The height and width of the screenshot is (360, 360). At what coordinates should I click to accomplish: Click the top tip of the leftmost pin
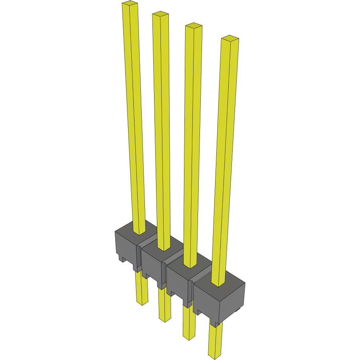[x=130, y=4]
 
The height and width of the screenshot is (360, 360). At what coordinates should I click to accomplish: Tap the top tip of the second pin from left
[x=160, y=15]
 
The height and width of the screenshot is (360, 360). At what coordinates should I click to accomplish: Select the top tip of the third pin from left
[x=194, y=26]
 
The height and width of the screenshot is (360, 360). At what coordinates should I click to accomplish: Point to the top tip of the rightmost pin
[x=230, y=39]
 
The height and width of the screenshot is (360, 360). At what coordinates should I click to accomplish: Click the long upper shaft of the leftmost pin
[x=135, y=120]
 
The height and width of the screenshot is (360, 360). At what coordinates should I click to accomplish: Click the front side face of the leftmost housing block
[x=125, y=247]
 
